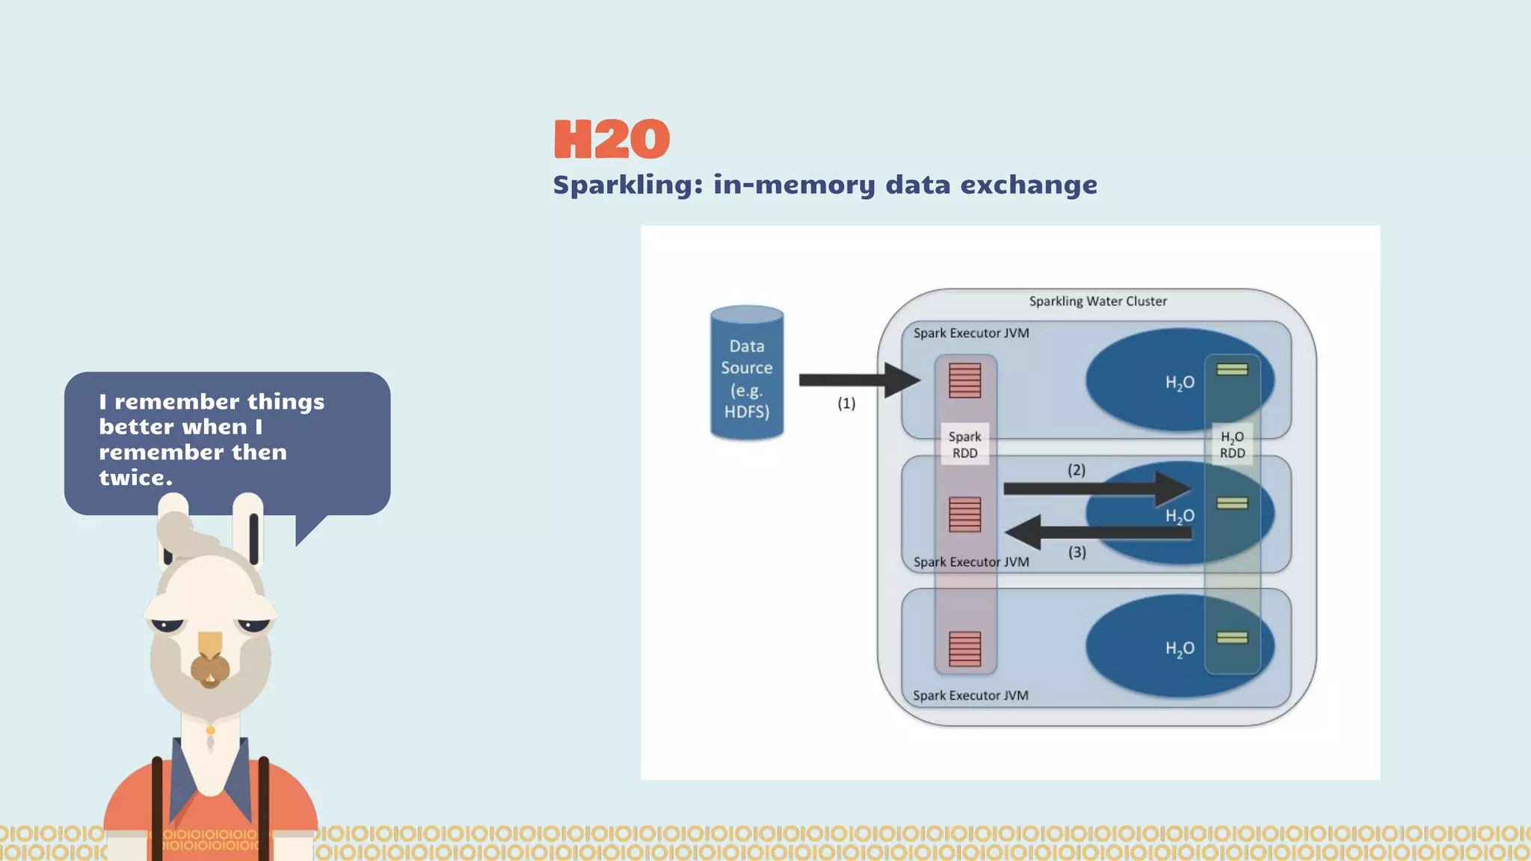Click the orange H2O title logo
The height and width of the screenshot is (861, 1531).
[612, 139]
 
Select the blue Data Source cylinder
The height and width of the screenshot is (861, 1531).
[747, 374]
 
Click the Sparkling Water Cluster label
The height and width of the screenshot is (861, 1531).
[1097, 301]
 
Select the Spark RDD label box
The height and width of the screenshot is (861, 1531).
[964, 445]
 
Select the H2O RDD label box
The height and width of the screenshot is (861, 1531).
[1232, 445]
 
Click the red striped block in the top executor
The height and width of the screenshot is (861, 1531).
[964, 380]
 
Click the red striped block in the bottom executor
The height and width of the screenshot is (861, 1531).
[964, 649]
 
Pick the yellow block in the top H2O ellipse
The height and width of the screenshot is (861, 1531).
[1232, 369]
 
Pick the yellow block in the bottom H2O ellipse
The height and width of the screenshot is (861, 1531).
[1232, 638]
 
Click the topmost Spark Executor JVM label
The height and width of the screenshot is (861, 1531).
[971, 333]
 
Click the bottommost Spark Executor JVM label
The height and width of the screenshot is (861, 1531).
[970, 696]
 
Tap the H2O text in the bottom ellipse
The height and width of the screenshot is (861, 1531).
[1180, 649]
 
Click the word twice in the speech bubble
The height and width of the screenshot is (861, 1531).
[135, 478]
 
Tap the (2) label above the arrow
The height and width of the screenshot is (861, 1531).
[1076, 470]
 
